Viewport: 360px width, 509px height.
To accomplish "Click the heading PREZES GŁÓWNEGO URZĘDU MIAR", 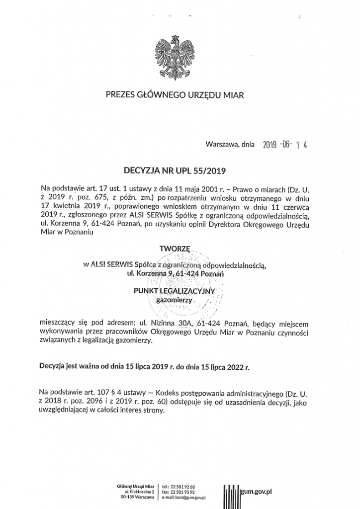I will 175,94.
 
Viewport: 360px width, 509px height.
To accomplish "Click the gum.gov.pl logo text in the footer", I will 257,491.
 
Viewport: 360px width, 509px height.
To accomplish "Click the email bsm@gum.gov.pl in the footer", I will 189,497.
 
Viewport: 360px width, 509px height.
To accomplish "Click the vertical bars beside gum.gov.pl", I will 231,493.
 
